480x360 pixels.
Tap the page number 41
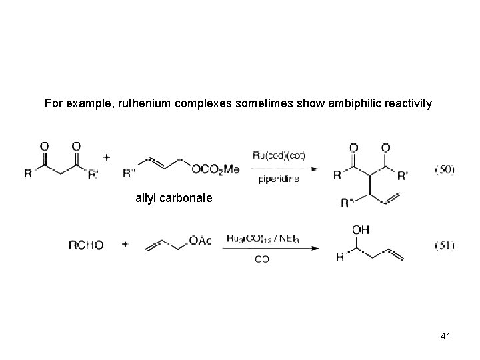445,336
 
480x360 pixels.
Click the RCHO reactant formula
86,245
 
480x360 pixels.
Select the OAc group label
200,241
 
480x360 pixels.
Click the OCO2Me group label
215,170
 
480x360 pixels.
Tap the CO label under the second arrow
262,261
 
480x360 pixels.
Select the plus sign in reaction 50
107,157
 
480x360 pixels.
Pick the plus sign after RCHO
125,245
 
